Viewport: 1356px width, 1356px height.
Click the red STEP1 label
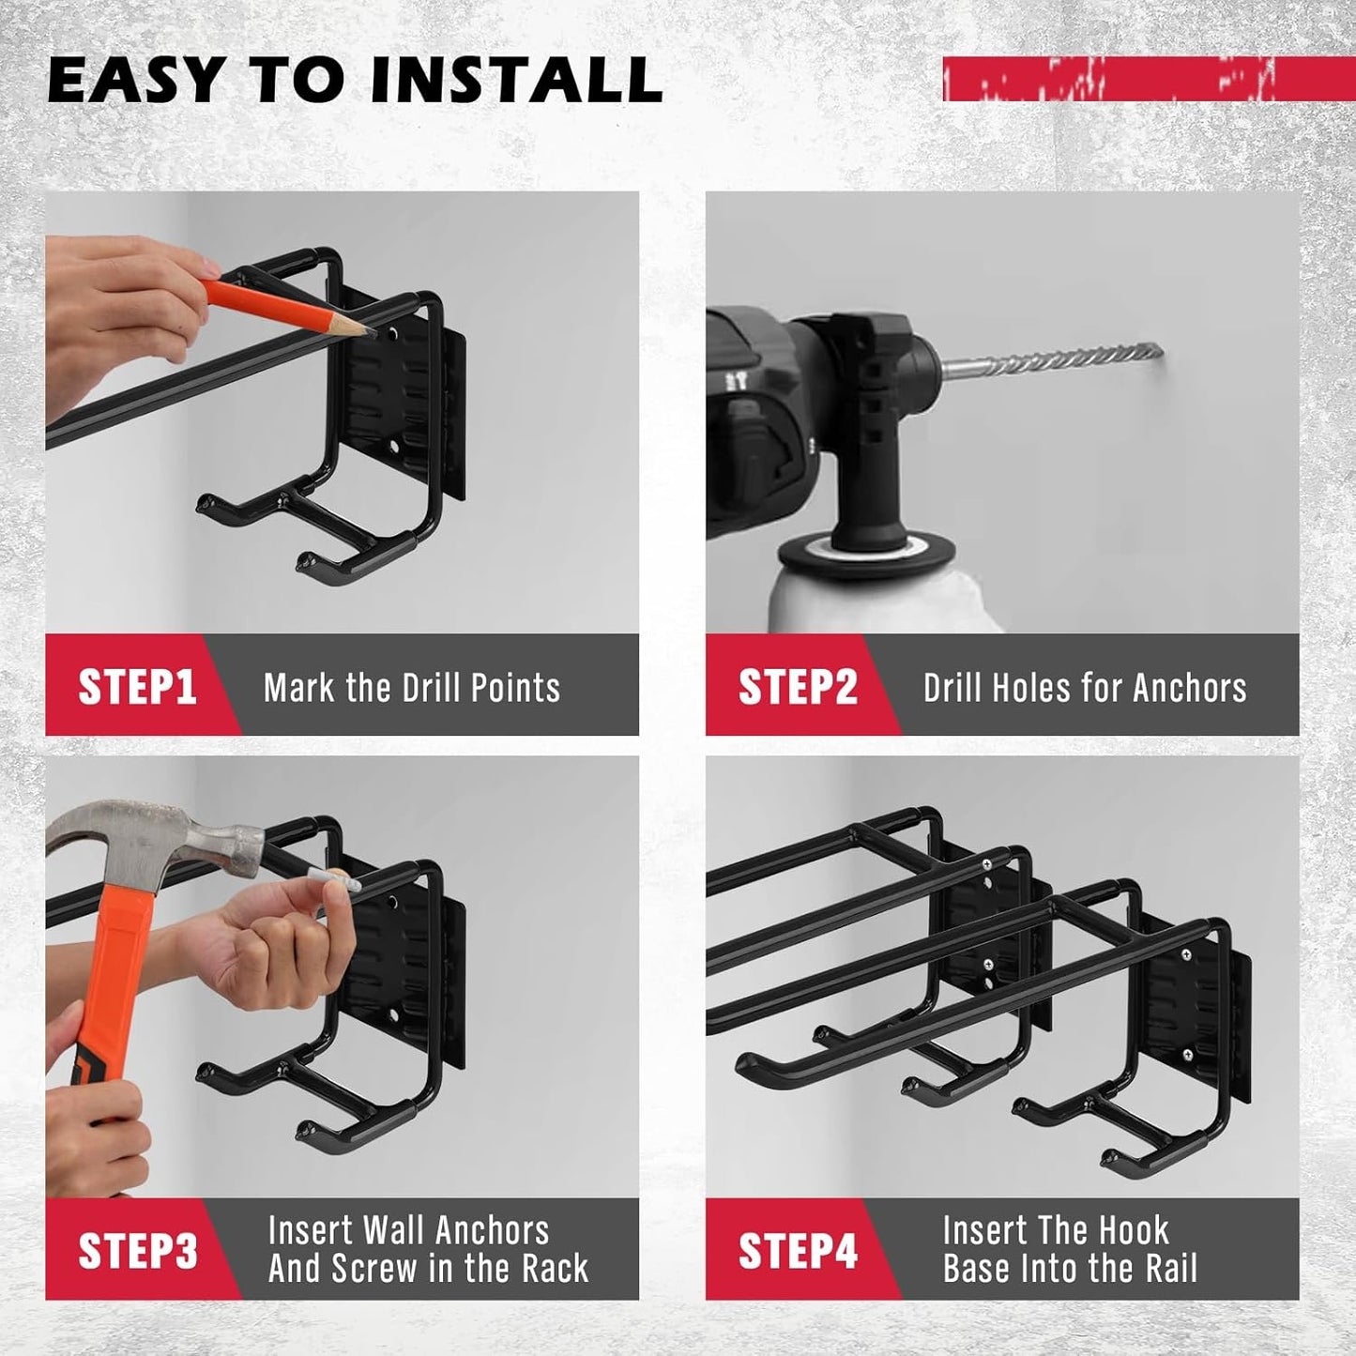[x=137, y=687]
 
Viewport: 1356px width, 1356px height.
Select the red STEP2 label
[x=798, y=687]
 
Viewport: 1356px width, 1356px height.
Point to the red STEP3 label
[x=137, y=1251]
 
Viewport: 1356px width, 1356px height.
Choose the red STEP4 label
[x=798, y=1251]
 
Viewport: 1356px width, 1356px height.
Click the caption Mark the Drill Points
[x=411, y=688]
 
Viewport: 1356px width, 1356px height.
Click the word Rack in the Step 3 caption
[x=555, y=1269]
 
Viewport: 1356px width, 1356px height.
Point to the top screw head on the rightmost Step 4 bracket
[x=1185, y=955]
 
